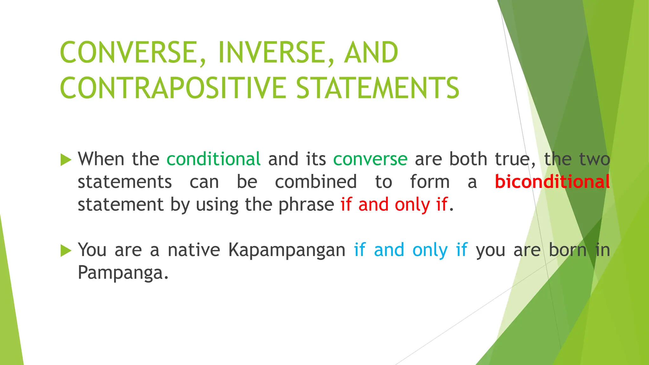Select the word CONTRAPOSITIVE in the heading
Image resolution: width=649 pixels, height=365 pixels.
pyautogui.click(x=173, y=88)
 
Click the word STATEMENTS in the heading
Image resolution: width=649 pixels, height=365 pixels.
pyautogui.click(x=377, y=88)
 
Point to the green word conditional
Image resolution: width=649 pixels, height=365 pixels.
pyautogui.click(x=214, y=159)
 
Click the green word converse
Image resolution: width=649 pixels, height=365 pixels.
pyautogui.click(x=370, y=159)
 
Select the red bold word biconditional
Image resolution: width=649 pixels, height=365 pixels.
pyautogui.click(x=552, y=182)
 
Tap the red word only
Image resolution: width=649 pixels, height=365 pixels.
pyautogui.click(x=412, y=205)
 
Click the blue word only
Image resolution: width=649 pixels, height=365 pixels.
pyautogui.click(x=430, y=250)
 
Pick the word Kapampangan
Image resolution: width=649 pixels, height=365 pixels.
pyautogui.click(x=287, y=250)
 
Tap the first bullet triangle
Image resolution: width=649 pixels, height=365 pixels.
pyautogui.click(x=66, y=160)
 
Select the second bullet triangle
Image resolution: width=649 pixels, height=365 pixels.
pyautogui.click(x=66, y=251)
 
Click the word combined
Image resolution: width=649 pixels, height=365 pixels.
pyautogui.click(x=316, y=182)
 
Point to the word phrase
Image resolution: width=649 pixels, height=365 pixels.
pyautogui.click(x=306, y=205)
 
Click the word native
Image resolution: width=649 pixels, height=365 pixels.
pyautogui.click(x=194, y=250)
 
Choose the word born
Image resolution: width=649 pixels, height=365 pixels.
pyautogui.click(x=568, y=250)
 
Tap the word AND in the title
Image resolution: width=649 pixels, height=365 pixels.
pyautogui.click(x=371, y=53)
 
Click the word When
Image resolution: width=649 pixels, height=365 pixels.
pyautogui.click(x=101, y=159)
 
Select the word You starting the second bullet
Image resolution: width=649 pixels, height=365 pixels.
pyautogui.click(x=92, y=250)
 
